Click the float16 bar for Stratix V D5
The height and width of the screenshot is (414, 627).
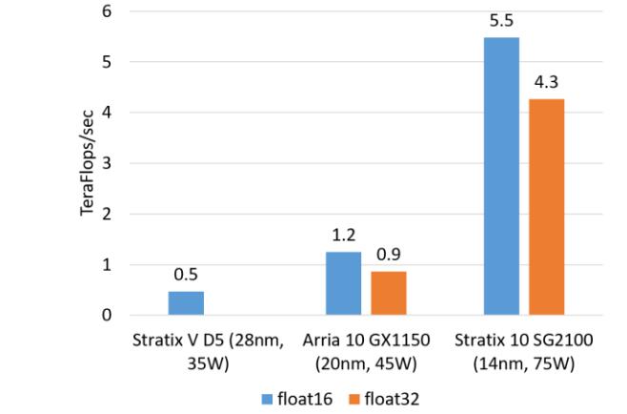click(x=186, y=302)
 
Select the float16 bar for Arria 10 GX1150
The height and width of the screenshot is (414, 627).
click(x=343, y=283)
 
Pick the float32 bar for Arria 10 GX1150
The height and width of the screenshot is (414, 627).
click(x=388, y=293)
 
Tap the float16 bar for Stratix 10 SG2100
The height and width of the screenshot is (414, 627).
click(x=500, y=176)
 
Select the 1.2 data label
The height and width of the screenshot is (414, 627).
click(x=343, y=235)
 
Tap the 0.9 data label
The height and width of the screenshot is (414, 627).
click(x=388, y=255)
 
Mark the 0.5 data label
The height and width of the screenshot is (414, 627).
click(x=186, y=275)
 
